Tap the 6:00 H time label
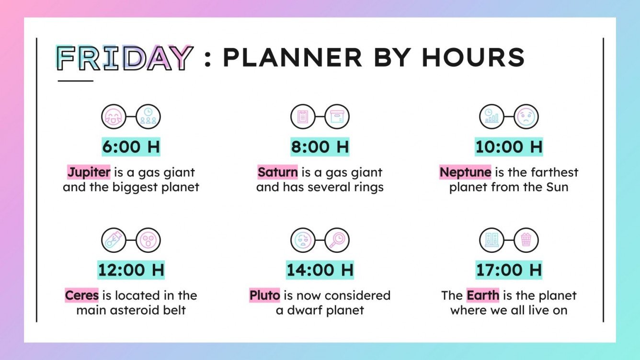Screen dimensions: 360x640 coord(131,147)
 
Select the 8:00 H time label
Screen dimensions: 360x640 coord(320,147)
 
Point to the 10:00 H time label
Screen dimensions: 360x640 coord(509,147)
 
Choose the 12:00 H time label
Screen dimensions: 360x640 coord(131,270)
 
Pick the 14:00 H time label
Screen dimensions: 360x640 coord(320,270)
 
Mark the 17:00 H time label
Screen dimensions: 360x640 coord(509,270)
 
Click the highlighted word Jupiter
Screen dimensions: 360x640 coord(89,172)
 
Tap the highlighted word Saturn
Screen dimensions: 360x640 coord(278,172)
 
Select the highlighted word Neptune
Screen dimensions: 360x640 coord(465,172)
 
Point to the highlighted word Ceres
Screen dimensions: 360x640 coord(82,295)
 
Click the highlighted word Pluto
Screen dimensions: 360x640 coord(265,295)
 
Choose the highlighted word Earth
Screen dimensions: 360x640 coord(483,295)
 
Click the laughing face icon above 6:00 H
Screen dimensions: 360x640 coord(114,117)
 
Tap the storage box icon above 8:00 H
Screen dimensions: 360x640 coord(337,117)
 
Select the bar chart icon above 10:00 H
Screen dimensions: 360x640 coord(491,117)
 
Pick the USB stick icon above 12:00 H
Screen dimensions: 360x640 coord(114,240)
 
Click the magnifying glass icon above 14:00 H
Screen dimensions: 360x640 coord(337,240)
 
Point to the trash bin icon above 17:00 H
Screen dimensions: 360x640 coord(526,240)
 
